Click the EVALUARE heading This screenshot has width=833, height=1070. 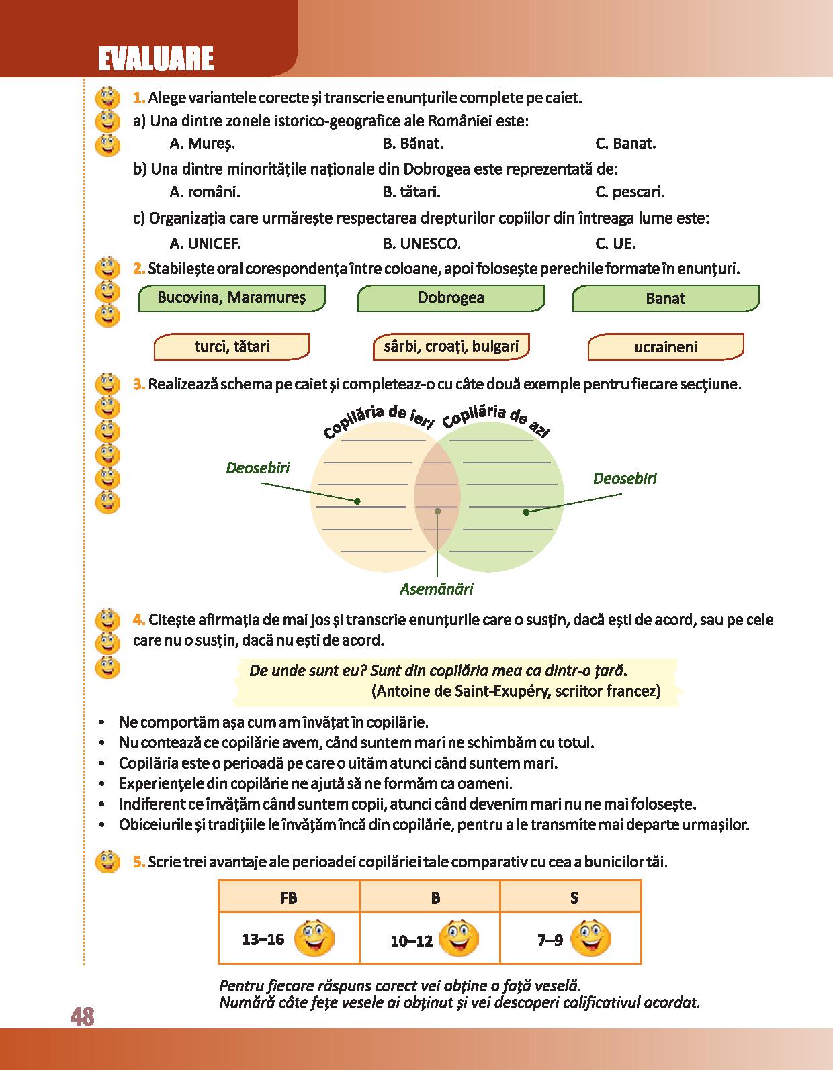(155, 59)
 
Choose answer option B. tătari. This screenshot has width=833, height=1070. (411, 193)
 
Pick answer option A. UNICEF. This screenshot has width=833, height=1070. (205, 244)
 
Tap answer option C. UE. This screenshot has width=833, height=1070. (615, 244)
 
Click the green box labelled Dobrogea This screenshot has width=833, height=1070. (451, 298)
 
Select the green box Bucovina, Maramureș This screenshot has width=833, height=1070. (231, 298)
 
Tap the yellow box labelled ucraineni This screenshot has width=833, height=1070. (666, 348)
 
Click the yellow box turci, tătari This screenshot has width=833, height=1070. (232, 347)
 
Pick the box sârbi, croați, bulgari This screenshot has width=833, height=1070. (451, 346)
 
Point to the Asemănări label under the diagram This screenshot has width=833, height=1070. (437, 589)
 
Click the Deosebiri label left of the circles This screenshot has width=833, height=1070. (258, 468)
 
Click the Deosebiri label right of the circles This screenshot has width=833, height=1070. (624, 479)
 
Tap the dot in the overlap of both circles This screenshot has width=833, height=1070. (437, 511)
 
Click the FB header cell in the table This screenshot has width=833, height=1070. (289, 897)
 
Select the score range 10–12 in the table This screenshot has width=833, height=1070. (411, 941)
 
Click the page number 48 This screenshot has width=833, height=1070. (82, 1017)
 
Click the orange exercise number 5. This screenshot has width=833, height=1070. (138, 862)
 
